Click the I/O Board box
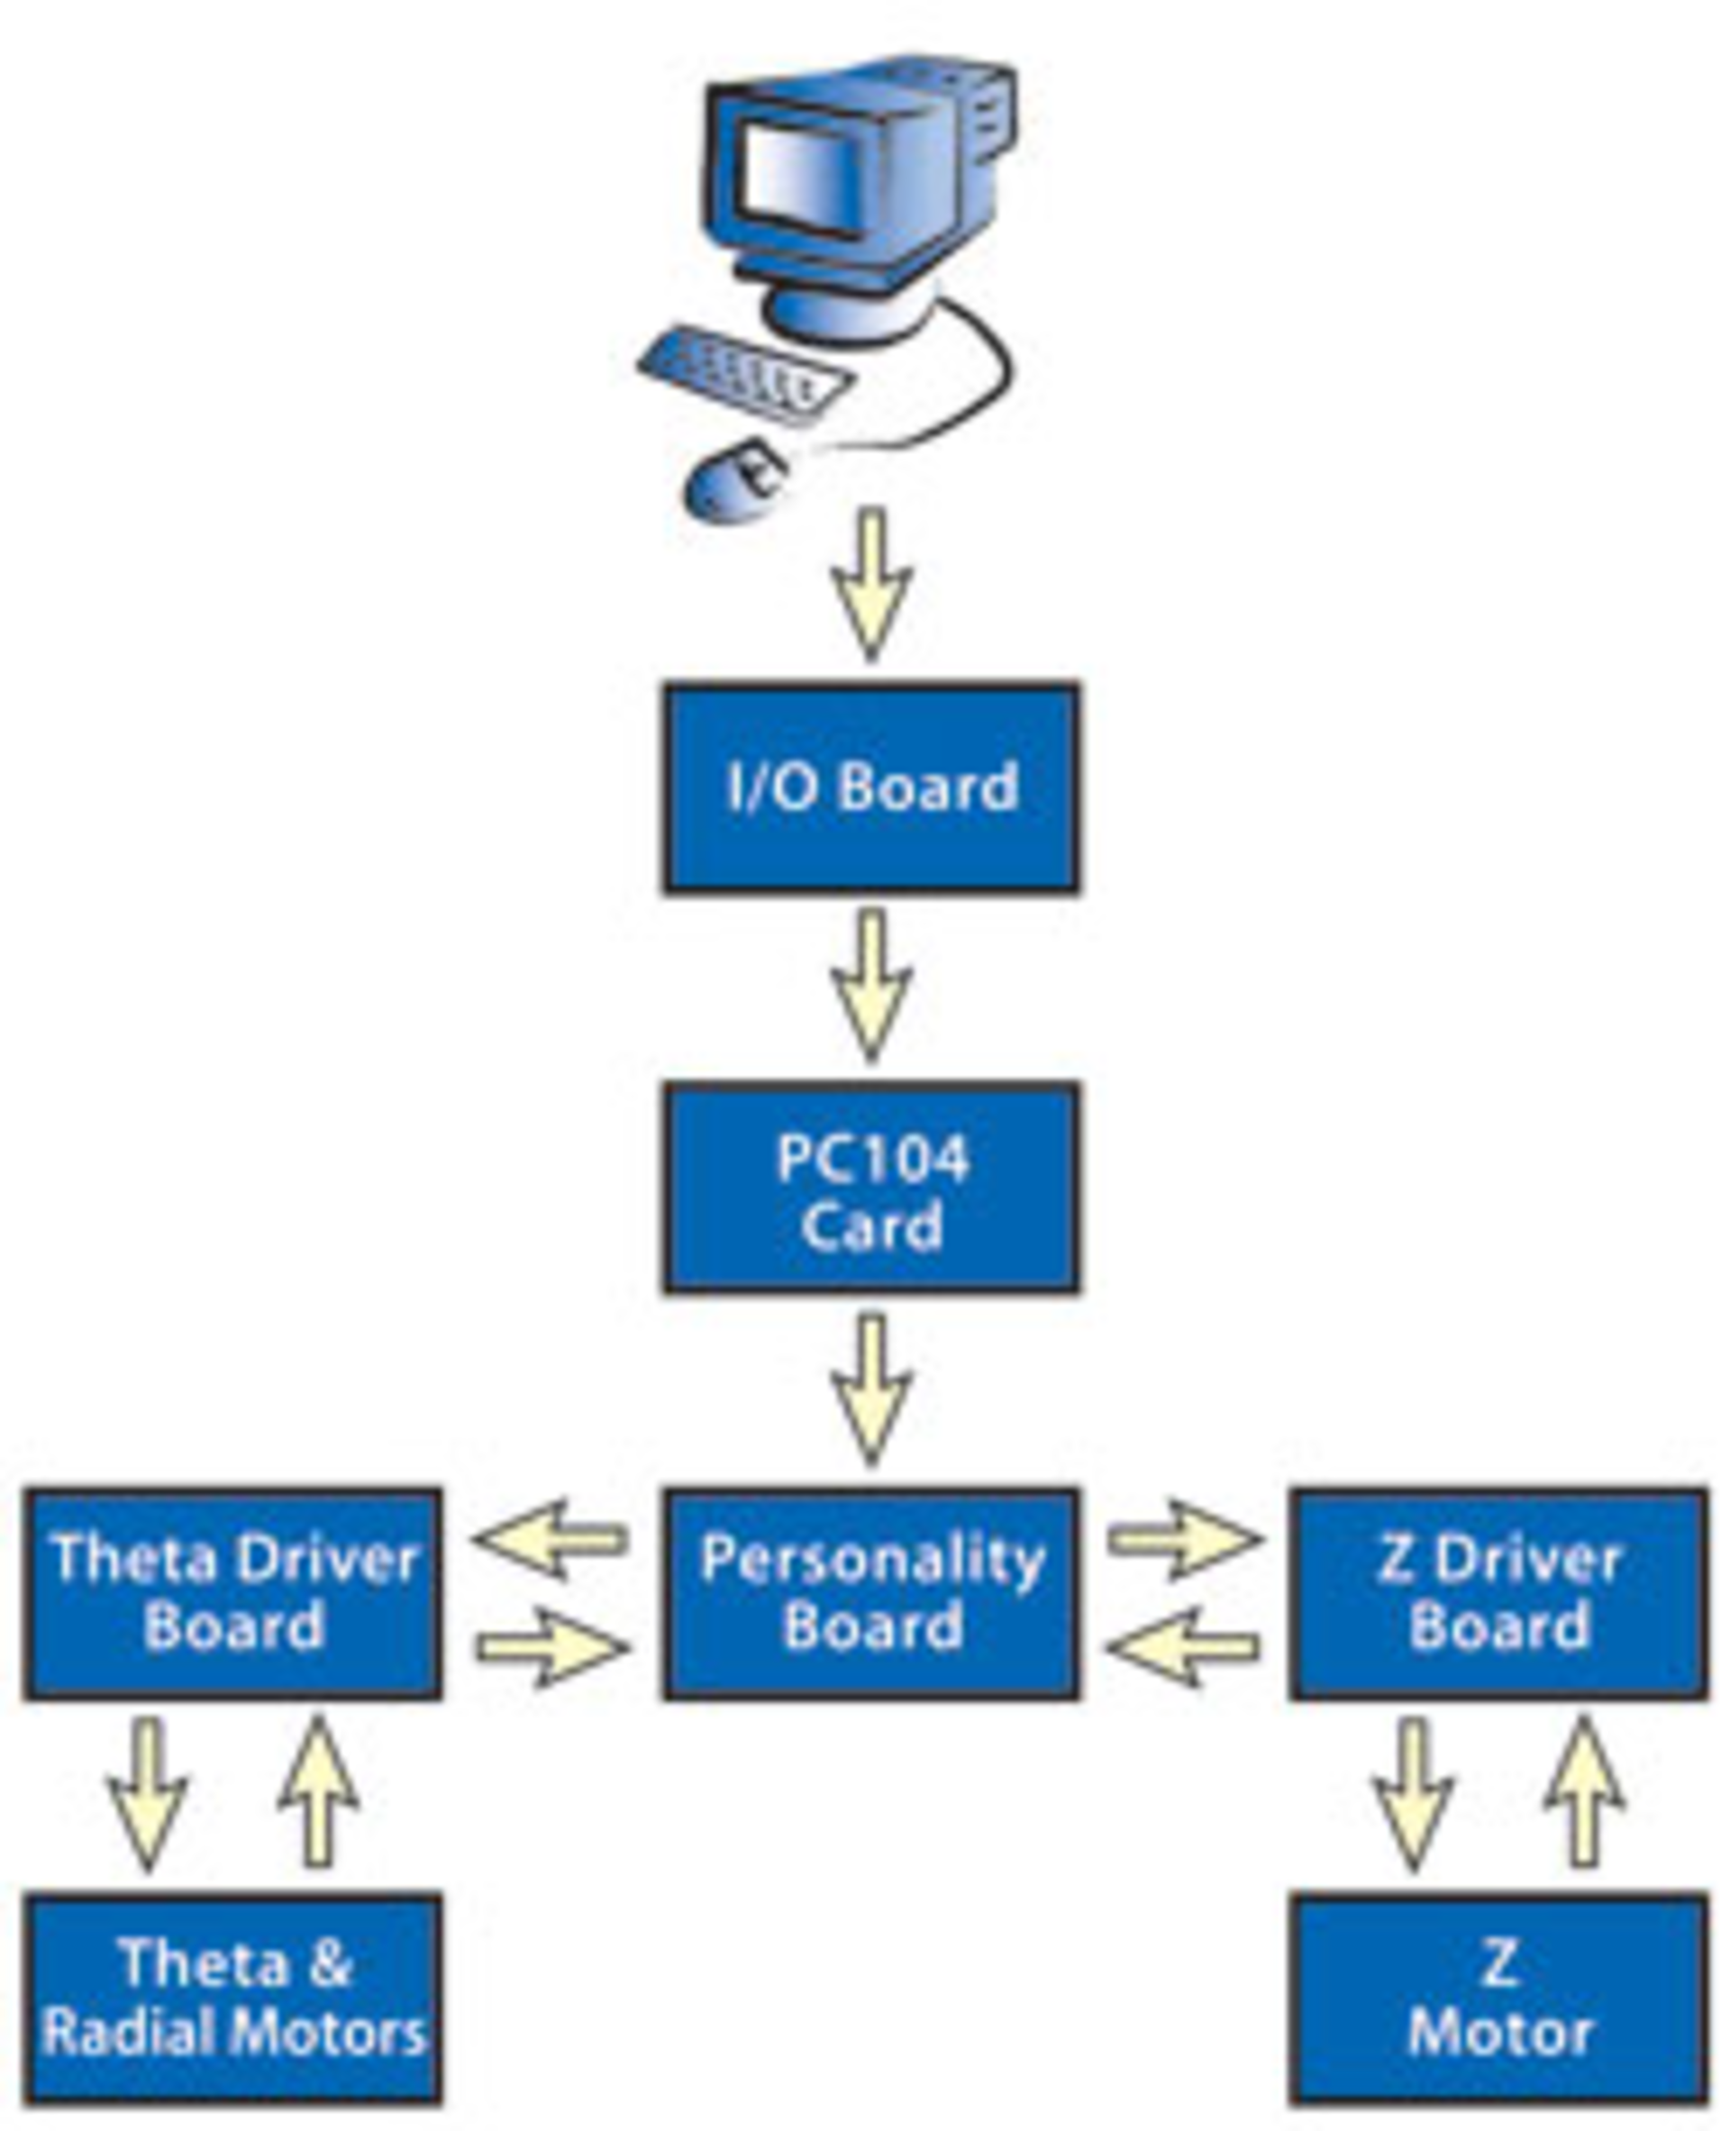tap(871, 788)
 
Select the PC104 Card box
tap(871, 1188)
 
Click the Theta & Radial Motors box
tap(233, 1999)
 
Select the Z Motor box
tap(1498, 1999)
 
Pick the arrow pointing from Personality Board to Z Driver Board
tap(1184, 1540)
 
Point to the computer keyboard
tap(745, 374)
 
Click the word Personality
tap(871, 1560)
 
